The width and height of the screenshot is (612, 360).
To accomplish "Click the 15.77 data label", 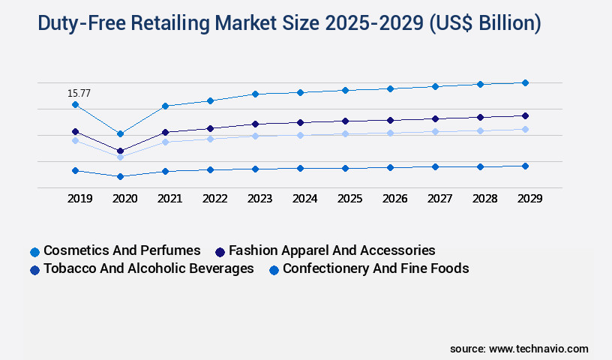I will (x=79, y=94).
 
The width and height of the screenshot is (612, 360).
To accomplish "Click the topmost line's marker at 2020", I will (x=120, y=133).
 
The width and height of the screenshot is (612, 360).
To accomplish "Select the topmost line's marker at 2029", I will (x=525, y=82).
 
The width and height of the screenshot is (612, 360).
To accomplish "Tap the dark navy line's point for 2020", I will (x=120, y=151).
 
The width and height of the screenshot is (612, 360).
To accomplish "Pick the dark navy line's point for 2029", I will (x=525, y=115).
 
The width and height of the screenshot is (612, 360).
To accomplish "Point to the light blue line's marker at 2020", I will (x=120, y=157).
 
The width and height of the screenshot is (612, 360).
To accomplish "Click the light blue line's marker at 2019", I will (x=75, y=140).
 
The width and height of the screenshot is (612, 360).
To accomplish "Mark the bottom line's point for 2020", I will (x=120, y=176).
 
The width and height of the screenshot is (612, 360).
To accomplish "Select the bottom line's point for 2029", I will (x=525, y=166).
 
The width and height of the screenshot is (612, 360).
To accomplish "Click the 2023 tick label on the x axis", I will (x=259, y=199).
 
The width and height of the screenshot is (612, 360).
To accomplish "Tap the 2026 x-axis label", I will (x=394, y=199).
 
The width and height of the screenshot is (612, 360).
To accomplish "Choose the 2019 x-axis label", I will (x=79, y=199).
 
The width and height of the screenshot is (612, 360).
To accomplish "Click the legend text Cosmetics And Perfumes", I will (x=122, y=250).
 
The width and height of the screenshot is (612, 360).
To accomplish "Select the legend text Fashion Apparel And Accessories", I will (x=331, y=250).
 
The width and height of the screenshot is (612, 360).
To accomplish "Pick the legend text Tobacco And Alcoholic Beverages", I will (x=148, y=268).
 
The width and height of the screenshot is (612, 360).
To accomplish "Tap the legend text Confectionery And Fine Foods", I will (x=376, y=268).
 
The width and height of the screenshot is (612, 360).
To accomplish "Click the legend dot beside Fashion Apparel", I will (x=220, y=251).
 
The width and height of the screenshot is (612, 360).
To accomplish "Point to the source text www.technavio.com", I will (x=538, y=349).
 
